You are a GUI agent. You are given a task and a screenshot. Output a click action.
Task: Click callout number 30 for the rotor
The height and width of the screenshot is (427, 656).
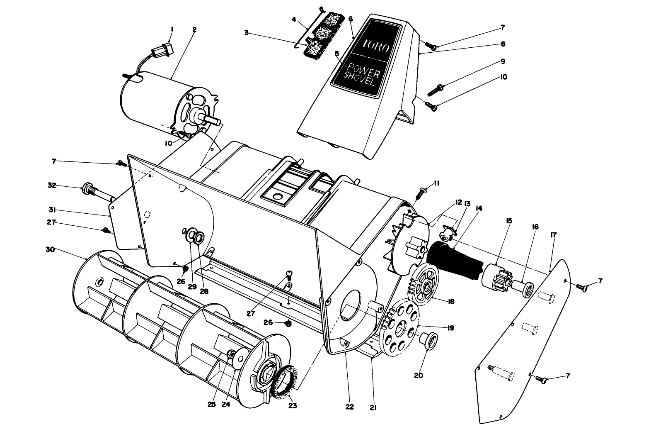pyautogui.click(x=50, y=249)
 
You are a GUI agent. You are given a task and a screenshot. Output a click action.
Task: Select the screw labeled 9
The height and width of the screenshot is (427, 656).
pyautogui.click(x=435, y=89)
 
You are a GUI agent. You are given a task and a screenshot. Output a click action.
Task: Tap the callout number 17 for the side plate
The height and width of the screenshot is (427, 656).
pyautogui.click(x=554, y=235)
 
